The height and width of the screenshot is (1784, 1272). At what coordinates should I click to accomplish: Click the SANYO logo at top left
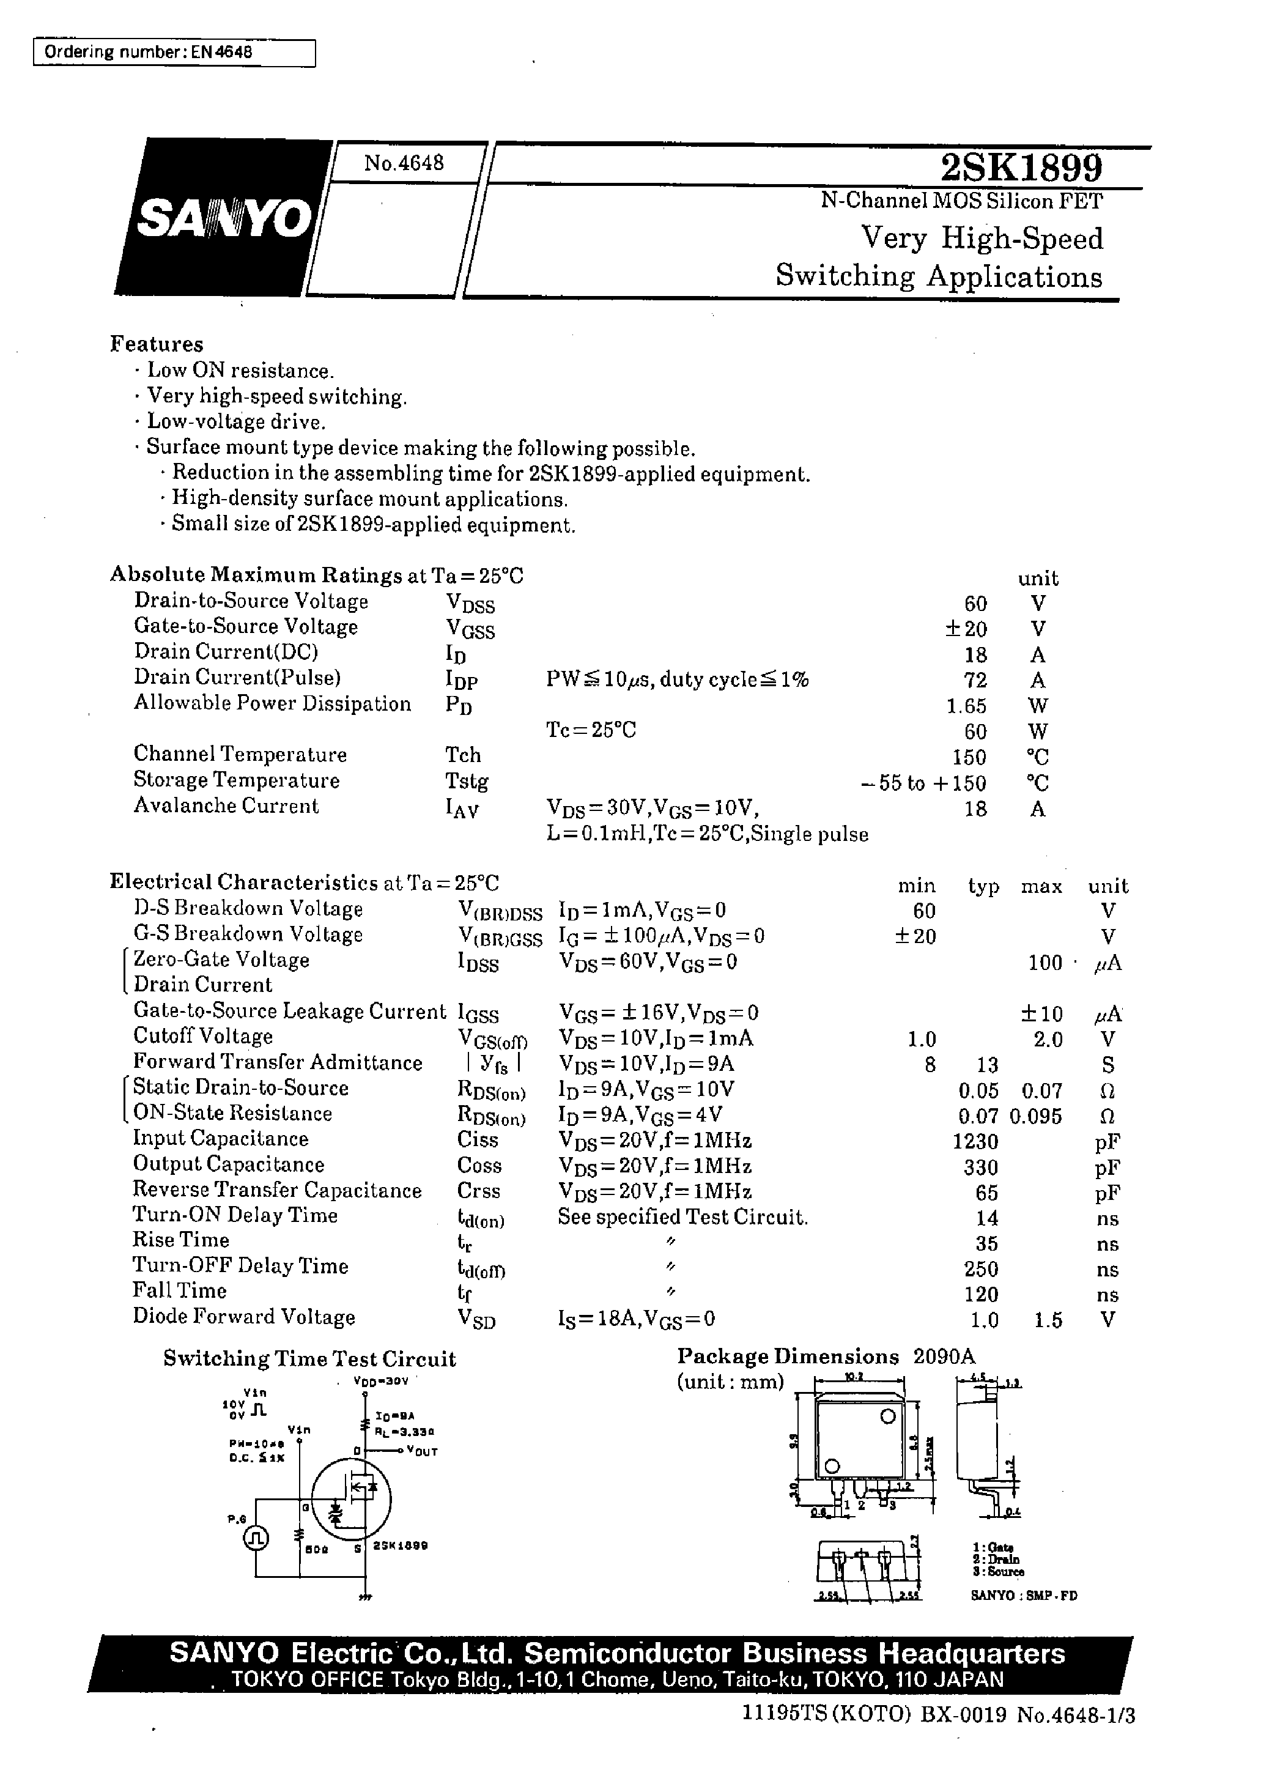pyautogui.click(x=223, y=218)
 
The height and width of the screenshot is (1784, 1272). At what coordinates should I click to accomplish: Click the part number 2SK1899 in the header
pyautogui.click(x=1021, y=167)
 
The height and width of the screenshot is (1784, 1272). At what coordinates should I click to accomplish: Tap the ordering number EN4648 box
pyautogui.click(x=174, y=53)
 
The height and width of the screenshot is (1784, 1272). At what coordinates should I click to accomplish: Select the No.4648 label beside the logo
pyautogui.click(x=404, y=163)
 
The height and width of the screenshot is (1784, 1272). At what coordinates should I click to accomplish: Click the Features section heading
pyautogui.click(x=157, y=344)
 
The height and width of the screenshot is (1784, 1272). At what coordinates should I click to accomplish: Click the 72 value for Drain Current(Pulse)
pyautogui.click(x=975, y=679)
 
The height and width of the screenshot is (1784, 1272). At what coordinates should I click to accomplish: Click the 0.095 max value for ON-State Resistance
pyautogui.click(x=1035, y=1116)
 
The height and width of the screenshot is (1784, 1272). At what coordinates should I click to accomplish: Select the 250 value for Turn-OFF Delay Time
pyautogui.click(x=981, y=1268)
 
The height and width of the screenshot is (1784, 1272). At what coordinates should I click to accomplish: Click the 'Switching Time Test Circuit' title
pyautogui.click(x=309, y=1359)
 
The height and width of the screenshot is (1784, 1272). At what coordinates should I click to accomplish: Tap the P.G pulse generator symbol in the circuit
pyautogui.click(x=256, y=1538)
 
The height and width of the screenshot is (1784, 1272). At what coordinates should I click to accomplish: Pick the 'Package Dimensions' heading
pyautogui.click(x=788, y=1357)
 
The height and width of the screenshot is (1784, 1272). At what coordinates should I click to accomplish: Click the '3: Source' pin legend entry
pyautogui.click(x=998, y=1571)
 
